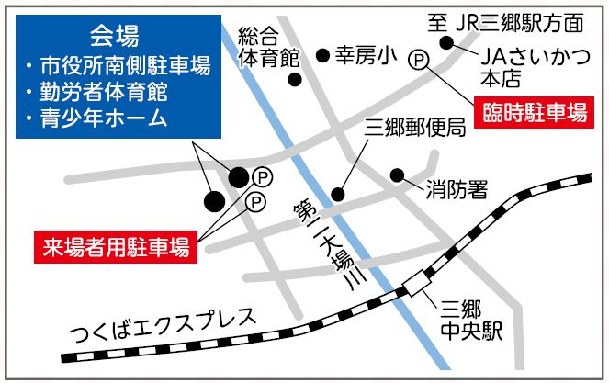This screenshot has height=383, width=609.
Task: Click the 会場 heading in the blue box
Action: click(x=115, y=37)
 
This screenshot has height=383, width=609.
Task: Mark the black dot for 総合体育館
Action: click(x=295, y=79)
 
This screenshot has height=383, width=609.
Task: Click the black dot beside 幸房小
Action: click(x=322, y=56)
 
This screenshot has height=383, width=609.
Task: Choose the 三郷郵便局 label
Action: click(x=415, y=128)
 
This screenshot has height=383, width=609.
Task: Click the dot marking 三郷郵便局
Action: click(x=338, y=194)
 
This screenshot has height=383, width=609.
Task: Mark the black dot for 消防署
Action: click(x=397, y=175)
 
